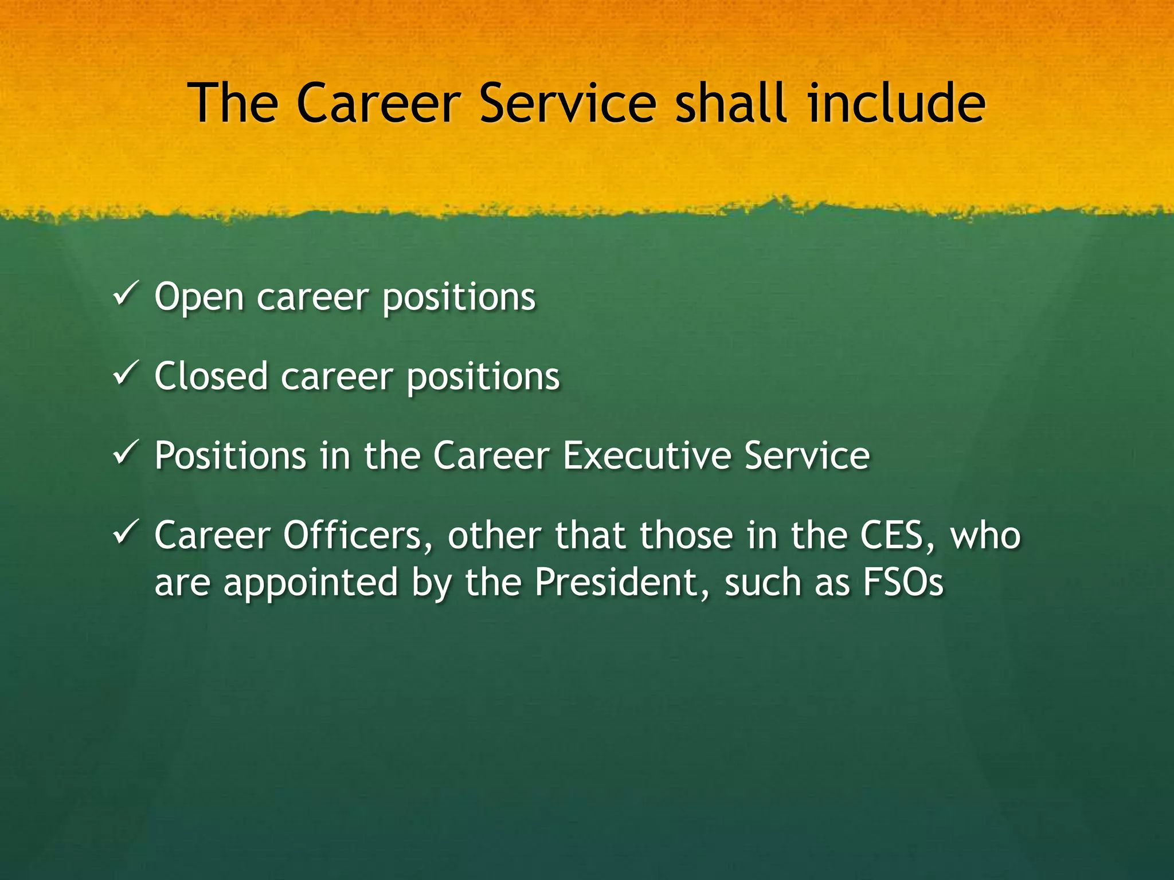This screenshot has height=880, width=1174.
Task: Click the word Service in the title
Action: [x=568, y=103]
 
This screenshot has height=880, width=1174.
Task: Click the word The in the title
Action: [x=233, y=103]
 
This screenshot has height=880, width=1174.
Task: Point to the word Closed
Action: [x=211, y=376]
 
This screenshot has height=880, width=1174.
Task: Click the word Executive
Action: [x=646, y=456]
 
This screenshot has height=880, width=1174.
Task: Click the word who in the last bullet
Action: [x=986, y=536]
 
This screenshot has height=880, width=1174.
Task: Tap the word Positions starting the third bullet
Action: [x=230, y=456]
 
